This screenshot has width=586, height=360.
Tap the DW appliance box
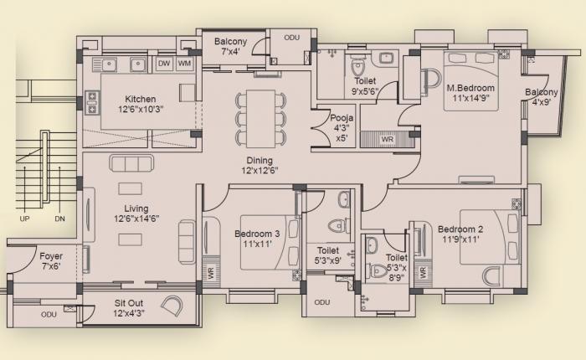164,64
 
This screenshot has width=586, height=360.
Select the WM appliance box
184,64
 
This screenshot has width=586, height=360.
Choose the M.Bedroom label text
470,88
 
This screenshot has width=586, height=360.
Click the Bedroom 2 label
460,229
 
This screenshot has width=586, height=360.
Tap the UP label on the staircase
25,219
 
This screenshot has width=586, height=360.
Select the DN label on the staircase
59,219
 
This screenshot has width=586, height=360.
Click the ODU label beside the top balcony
291,38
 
